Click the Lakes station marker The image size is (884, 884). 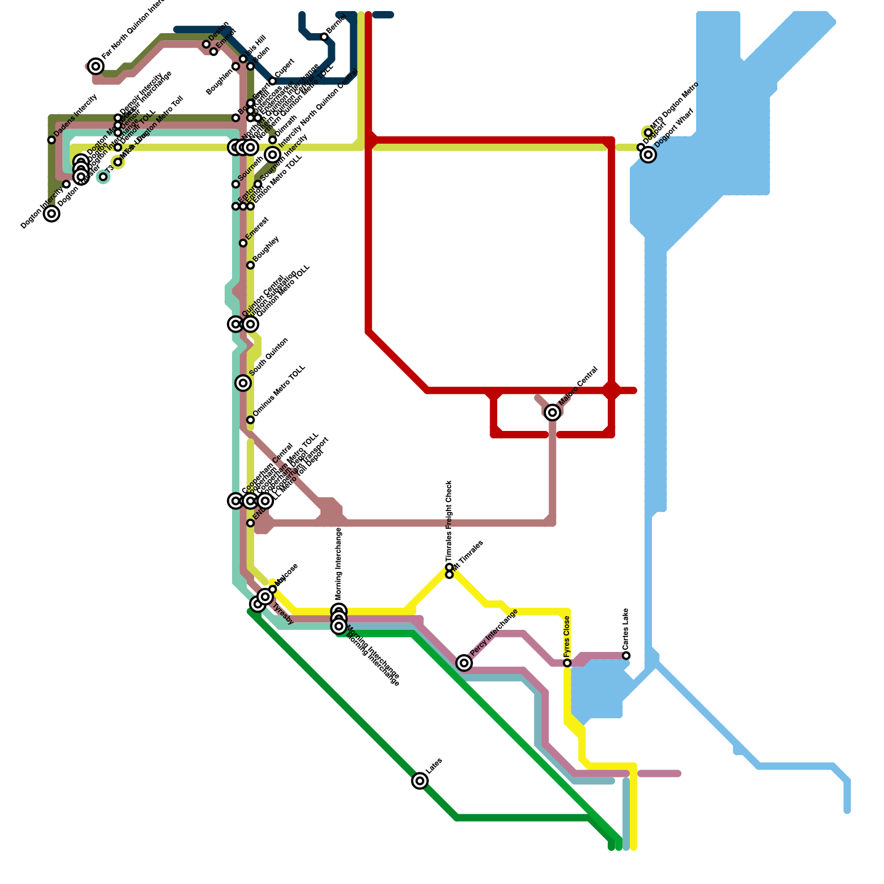pos(420,781)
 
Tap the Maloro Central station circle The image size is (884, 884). pos(552,412)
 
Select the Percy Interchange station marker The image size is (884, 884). pos(464,662)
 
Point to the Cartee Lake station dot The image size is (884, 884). pos(626,656)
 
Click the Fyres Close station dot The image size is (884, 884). pos(567,663)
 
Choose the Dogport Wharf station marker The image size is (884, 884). pos(649,155)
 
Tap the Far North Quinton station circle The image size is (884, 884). pos(96,66)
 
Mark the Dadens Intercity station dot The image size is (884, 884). pos(51,140)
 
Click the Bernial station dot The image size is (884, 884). pos(324,37)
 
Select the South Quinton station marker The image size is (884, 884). pos(243,383)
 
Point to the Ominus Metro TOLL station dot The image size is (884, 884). pos(250,420)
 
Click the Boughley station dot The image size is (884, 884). pos(250,265)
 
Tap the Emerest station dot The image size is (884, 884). pos(243,243)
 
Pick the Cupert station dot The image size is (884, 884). pos(272,81)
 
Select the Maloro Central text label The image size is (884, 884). pos(578,385)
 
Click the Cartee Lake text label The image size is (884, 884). pos(625,629)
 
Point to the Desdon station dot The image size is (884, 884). pos(206,44)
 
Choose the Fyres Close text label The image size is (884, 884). pos(567,636)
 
